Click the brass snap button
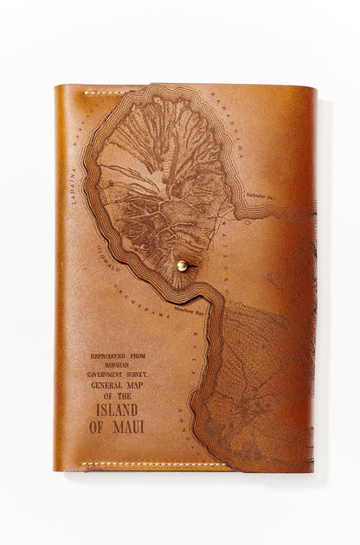coord(182,266)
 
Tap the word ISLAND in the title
coord(118,410)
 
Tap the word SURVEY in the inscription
coord(138,375)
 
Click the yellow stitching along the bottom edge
coord(156,465)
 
